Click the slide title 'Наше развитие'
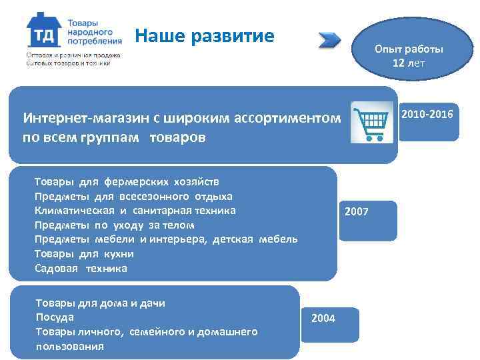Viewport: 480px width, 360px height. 204,35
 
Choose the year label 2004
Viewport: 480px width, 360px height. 323,318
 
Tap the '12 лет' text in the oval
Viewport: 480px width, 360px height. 409,63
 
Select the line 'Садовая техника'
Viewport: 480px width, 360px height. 81,269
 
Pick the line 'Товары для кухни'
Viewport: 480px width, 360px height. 84,254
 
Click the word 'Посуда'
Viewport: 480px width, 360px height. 54,317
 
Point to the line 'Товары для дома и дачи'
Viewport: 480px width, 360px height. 100,303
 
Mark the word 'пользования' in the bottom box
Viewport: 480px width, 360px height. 69,346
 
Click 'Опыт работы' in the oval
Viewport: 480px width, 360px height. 409,49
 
